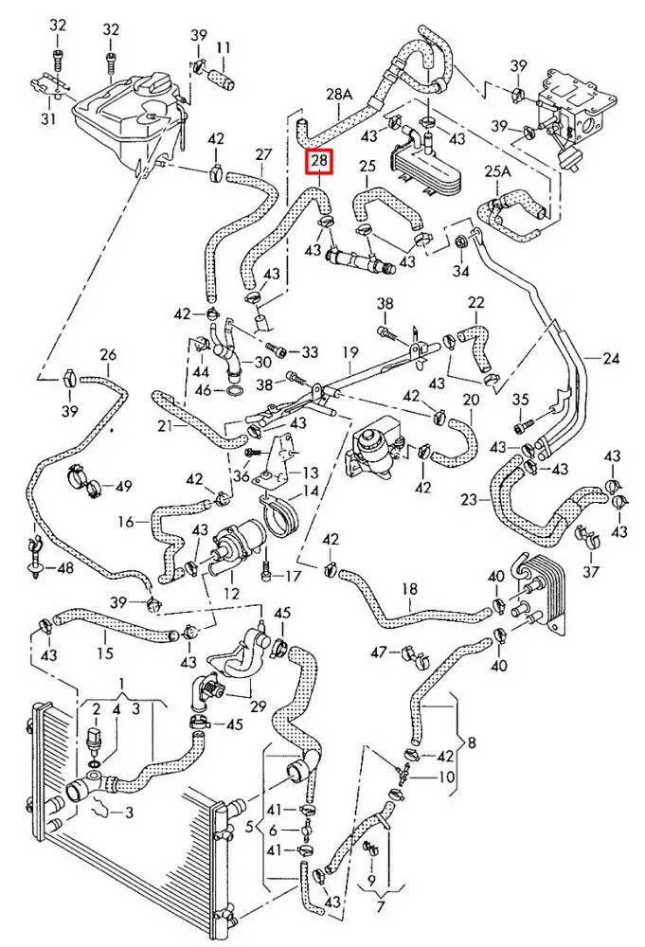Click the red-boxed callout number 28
(319, 163)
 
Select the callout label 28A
(339, 95)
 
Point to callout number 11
(224, 47)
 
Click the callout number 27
(263, 154)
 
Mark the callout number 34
(461, 272)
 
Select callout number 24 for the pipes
(610, 359)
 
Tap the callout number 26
(108, 356)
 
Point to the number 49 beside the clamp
(123, 487)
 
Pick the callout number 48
(64, 568)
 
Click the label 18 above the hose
(409, 589)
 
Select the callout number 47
(379, 652)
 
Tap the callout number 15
(104, 652)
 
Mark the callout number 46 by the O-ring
(203, 389)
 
